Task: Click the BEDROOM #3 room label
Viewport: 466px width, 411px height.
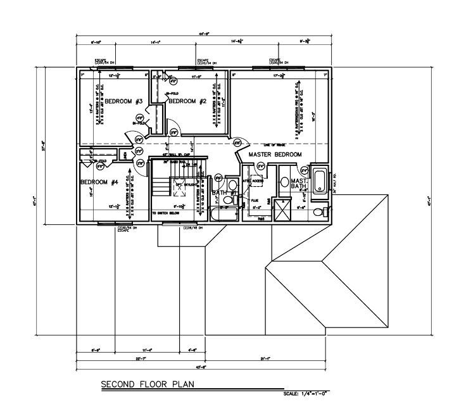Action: [123, 102]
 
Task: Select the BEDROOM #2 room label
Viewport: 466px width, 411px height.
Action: [188, 101]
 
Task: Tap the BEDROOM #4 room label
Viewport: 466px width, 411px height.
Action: [99, 182]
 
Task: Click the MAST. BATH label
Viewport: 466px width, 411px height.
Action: [299, 184]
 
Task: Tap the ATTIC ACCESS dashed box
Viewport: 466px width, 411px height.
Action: [257, 180]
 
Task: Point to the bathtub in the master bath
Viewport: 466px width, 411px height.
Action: [319, 181]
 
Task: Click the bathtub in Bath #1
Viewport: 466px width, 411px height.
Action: [223, 216]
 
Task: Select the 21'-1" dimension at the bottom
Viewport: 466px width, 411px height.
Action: [265, 359]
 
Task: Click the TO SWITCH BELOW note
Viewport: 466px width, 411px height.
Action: [166, 213]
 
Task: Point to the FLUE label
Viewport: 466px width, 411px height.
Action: [255, 200]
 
